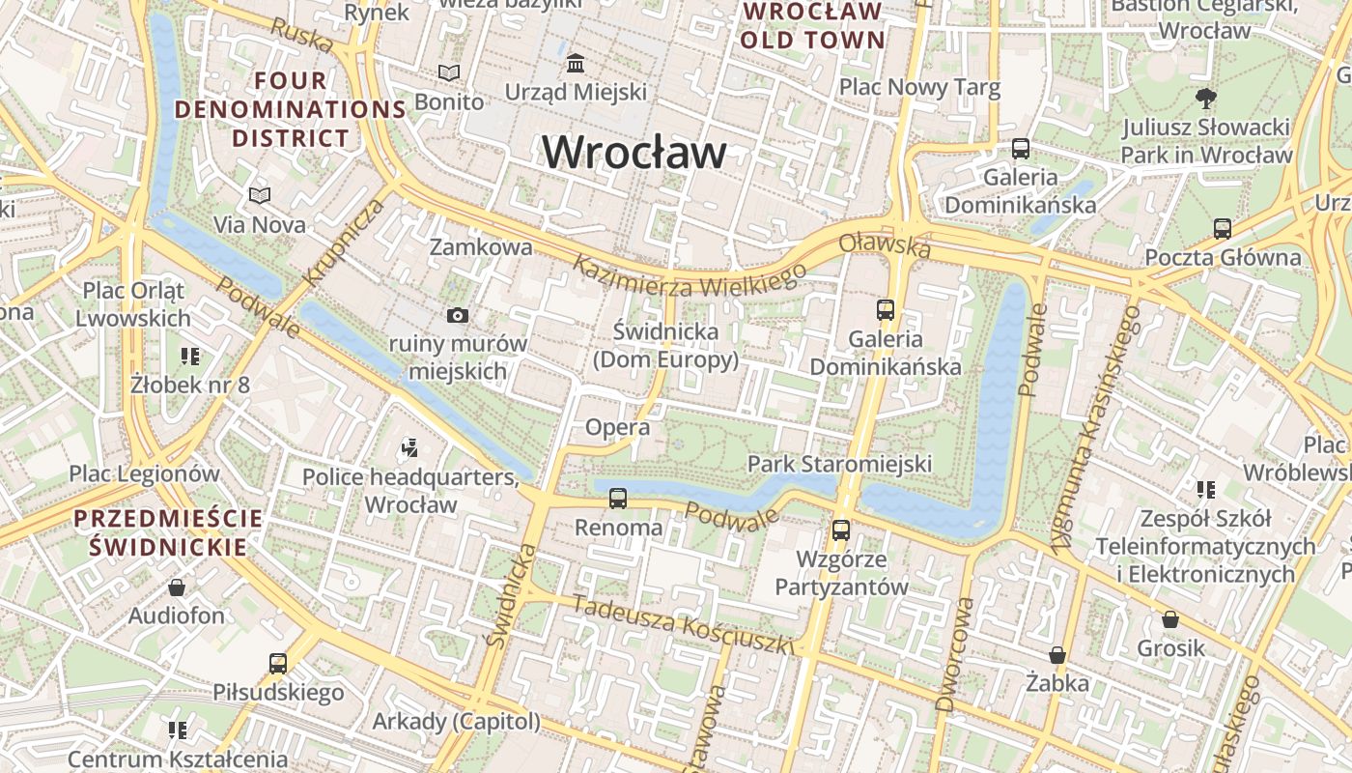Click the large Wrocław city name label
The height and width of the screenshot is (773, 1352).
(x=634, y=153)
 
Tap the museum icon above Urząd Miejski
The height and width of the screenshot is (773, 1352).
(x=577, y=63)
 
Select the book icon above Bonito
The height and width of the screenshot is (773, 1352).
(x=449, y=72)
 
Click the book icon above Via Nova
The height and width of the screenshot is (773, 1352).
(x=259, y=195)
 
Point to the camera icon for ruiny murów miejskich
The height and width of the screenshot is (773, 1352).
(x=458, y=315)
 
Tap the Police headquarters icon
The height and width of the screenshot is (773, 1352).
(x=409, y=447)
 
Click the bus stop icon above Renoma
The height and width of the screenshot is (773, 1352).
(x=618, y=499)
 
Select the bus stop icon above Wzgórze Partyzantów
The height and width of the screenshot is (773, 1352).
(x=841, y=530)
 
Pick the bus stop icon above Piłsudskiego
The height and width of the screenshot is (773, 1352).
(x=278, y=663)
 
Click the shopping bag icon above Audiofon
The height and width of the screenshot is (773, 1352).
(x=177, y=587)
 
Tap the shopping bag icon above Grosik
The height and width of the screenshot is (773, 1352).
(x=1170, y=618)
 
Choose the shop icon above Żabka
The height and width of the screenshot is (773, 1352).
(x=1057, y=655)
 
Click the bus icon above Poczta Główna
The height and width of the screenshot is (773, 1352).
(x=1223, y=229)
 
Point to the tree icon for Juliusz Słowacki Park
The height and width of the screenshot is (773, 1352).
(x=1205, y=97)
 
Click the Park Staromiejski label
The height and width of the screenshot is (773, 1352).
(x=839, y=464)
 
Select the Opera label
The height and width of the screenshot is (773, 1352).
(x=617, y=427)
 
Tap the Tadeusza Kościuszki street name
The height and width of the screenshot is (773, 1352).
(x=682, y=625)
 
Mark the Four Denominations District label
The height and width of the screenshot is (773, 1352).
(x=290, y=109)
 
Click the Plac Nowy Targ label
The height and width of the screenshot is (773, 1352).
(x=919, y=87)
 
